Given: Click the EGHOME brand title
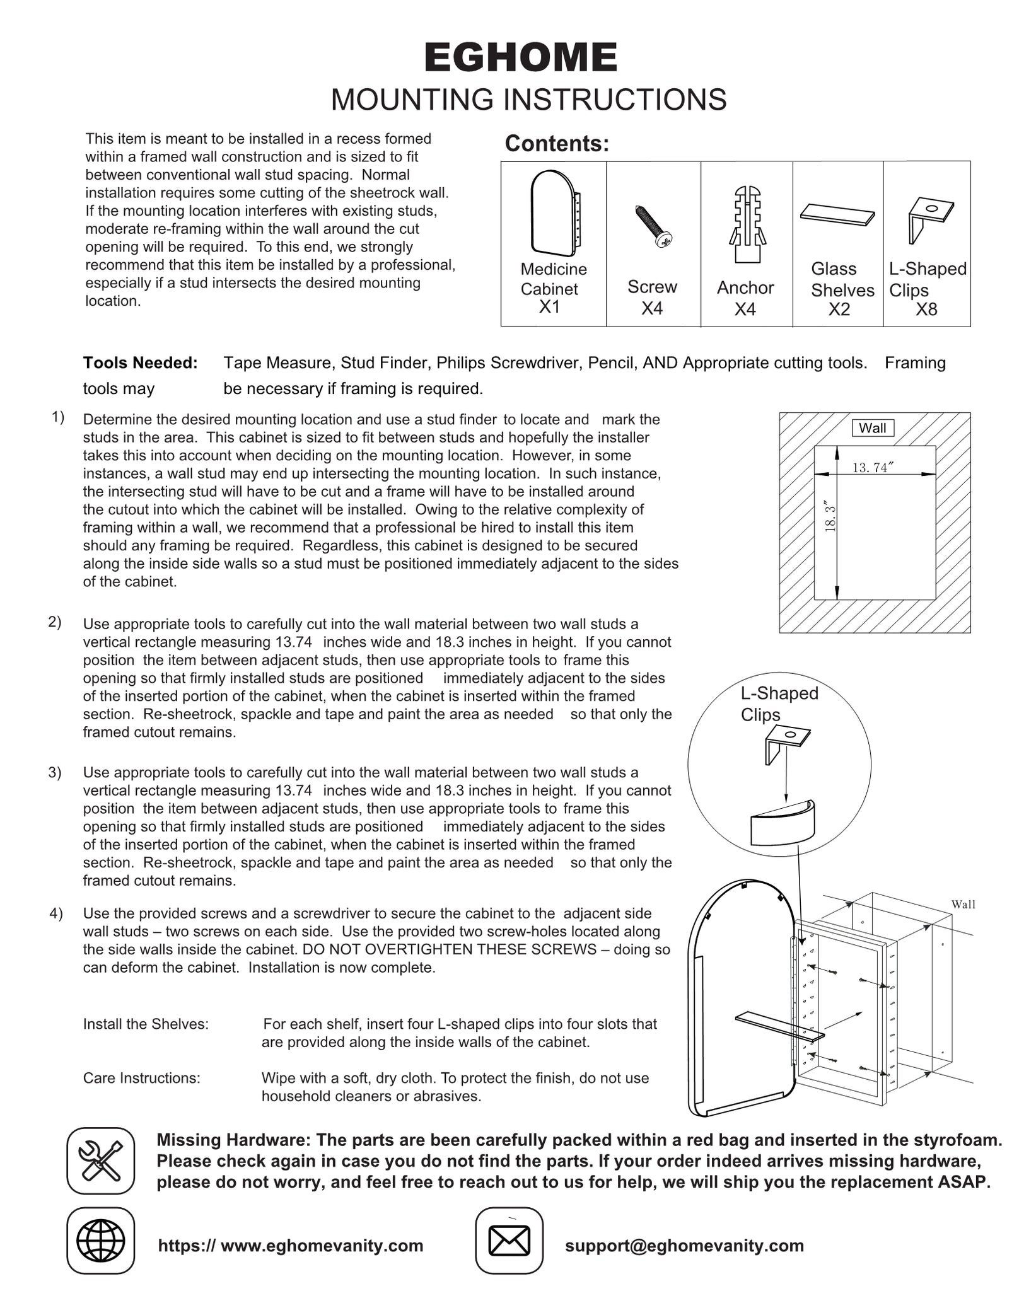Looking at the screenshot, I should [x=521, y=58].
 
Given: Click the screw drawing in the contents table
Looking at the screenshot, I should [x=653, y=226].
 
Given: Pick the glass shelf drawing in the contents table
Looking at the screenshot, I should [x=837, y=214].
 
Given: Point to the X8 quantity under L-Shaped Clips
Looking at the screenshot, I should [x=926, y=310].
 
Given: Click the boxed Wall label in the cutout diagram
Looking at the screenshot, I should [x=872, y=428].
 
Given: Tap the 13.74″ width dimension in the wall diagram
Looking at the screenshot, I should [x=873, y=467].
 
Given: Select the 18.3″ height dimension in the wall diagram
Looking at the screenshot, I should [x=830, y=518].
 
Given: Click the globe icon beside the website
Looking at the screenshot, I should [x=100, y=1241].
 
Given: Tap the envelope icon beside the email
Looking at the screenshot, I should [x=509, y=1241].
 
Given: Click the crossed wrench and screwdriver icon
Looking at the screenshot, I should [x=100, y=1161].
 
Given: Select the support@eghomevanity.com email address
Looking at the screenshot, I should [x=684, y=1246].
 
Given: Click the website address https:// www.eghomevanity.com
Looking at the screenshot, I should [x=291, y=1246].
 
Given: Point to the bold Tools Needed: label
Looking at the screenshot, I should [x=140, y=363].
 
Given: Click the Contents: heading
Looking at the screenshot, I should [x=557, y=144].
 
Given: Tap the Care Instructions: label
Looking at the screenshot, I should [x=141, y=1078].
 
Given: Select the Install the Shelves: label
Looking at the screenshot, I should [x=146, y=1024].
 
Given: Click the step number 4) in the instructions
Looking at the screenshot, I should [x=56, y=913].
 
